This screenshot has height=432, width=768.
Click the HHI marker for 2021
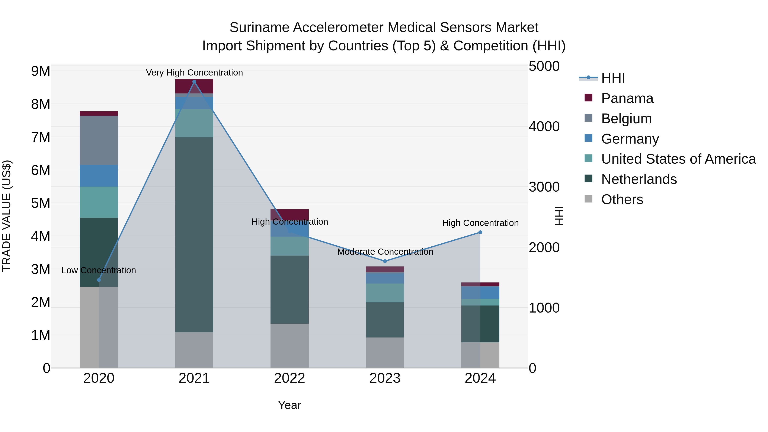194,82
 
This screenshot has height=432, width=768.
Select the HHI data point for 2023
385,261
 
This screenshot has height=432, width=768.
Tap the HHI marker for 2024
480,232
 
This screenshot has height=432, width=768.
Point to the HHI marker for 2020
99,280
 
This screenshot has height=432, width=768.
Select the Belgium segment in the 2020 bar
99,140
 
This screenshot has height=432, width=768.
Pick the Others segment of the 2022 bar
289,346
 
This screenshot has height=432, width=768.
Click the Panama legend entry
627,98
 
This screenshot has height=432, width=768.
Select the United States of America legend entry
678,159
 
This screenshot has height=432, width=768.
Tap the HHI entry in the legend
613,78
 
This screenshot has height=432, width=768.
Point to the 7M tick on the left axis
41,137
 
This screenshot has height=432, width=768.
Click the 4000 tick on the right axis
544,127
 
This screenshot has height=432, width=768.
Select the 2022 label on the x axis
289,378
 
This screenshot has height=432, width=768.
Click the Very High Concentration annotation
194,73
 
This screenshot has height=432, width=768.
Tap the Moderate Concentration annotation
385,252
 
